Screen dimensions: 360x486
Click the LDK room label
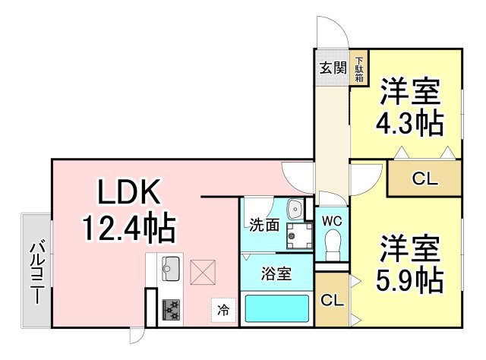tap(128, 193)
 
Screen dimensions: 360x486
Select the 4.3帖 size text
tap(410, 123)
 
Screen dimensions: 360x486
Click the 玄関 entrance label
tap(331, 68)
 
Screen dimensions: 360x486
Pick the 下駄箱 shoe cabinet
tap(358, 69)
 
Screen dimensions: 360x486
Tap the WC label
tap(331, 220)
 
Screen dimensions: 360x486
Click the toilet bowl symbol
tap(331, 245)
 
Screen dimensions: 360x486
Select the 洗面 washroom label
tap(264, 225)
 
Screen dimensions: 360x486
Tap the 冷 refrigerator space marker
tap(223, 310)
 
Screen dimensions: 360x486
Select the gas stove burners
tap(170, 308)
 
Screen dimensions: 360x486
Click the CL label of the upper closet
tap(424, 179)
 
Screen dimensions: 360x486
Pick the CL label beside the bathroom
tap(331, 300)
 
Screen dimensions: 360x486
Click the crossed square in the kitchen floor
tap(203, 270)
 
